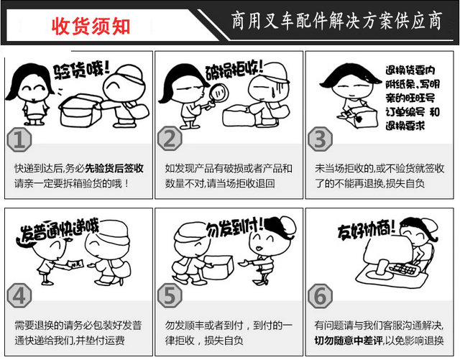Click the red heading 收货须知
pyautogui.click(x=91, y=26)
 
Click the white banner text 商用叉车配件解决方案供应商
pyautogui.click(x=337, y=21)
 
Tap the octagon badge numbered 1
pyautogui.click(x=19, y=139)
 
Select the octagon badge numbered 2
pyautogui.click(x=170, y=139)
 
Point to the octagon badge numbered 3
pyautogui.click(x=321, y=139)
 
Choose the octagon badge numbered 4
pyautogui.click(x=19, y=296)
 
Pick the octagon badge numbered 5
pyautogui.click(x=170, y=296)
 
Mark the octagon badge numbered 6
pyautogui.click(x=321, y=296)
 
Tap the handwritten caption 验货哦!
pyautogui.click(x=81, y=70)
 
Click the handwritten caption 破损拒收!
pyautogui.click(x=234, y=70)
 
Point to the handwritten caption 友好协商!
pyautogui.click(x=366, y=230)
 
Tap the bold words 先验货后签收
pyautogui.click(x=114, y=168)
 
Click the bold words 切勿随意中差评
pyautogui.click(x=349, y=341)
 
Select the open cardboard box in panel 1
pyautogui.click(x=80, y=111)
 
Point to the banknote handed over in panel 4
pyautogui.click(x=75, y=264)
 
